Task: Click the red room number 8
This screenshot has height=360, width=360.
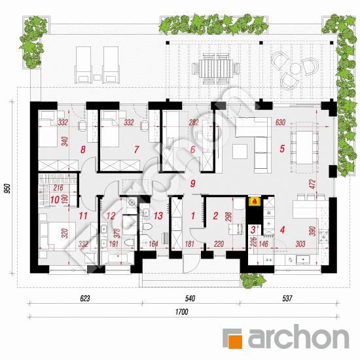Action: [x=83, y=150]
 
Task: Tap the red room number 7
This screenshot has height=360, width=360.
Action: [x=136, y=150]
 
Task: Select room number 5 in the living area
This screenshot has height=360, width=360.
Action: [x=282, y=149]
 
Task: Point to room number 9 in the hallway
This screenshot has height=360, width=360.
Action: [x=193, y=183]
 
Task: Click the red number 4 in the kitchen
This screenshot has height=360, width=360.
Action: [x=282, y=230]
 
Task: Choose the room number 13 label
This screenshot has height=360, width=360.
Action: [x=158, y=216]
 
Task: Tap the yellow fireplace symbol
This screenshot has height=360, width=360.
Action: [x=255, y=201]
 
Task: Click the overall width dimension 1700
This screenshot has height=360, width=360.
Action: [x=182, y=312]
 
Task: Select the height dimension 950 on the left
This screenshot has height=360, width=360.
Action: [x=8, y=189]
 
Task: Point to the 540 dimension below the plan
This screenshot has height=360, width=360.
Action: [x=190, y=298]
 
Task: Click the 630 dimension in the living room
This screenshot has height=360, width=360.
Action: [x=280, y=122]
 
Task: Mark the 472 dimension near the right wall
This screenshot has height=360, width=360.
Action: [x=312, y=184]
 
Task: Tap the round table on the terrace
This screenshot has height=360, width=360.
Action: [x=295, y=68]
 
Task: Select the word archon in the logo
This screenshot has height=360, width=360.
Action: [x=298, y=337]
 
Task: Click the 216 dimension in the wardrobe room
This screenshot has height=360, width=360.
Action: [x=58, y=188]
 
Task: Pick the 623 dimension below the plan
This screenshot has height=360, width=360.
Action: [x=85, y=298]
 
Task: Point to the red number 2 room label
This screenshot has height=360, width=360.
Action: [x=215, y=216]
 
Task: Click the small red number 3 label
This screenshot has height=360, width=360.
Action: [x=253, y=230]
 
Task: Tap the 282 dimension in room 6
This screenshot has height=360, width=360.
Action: [x=194, y=122]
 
